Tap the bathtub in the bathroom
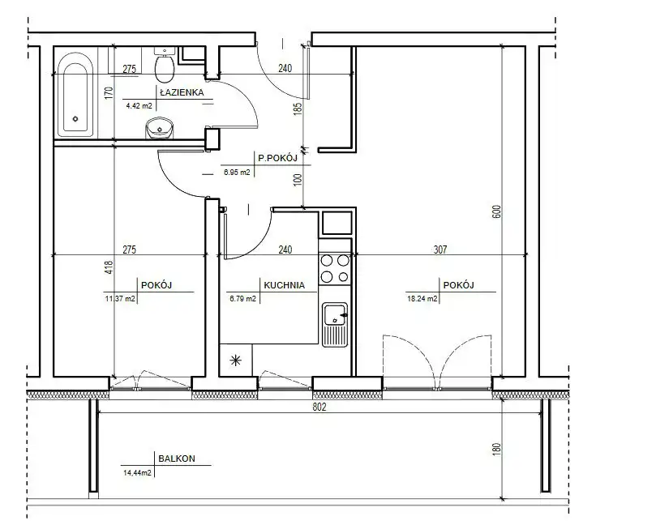pyautogui.click(x=75, y=95)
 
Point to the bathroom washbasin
pyautogui.click(x=159, y=127)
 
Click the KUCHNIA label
pyautogui.click(x=284, y=285)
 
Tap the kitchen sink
pyautogui.click(x=335, y=324)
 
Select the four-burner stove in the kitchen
pyautogui.click(x=335, y=268)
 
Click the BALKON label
pyautogui.click(x=177, y=459)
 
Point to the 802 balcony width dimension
pyautogui.click(x=319, y=407)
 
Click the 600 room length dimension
pyautogui.click(x=496, y=212)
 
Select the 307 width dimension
pyautogui.click(x=440, y=250)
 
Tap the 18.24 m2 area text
pyautogui.click(x=422, y=299)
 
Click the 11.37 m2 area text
pyautogui.click(x=120, y=299)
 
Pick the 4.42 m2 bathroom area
pyautogui.click(x=139, y=105)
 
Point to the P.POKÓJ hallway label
pyautogui.click(x=277, y=158)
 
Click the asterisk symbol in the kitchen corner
pyautogui.click(x=236, y=360)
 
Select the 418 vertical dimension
pyautogui.click(x=109, y=268)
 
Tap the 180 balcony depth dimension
pyautogui.click(x=496, y=449)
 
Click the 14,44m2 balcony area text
pyautogui.click(x=137, y=473)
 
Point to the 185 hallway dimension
pyautogui.click(x=298, y=109)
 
